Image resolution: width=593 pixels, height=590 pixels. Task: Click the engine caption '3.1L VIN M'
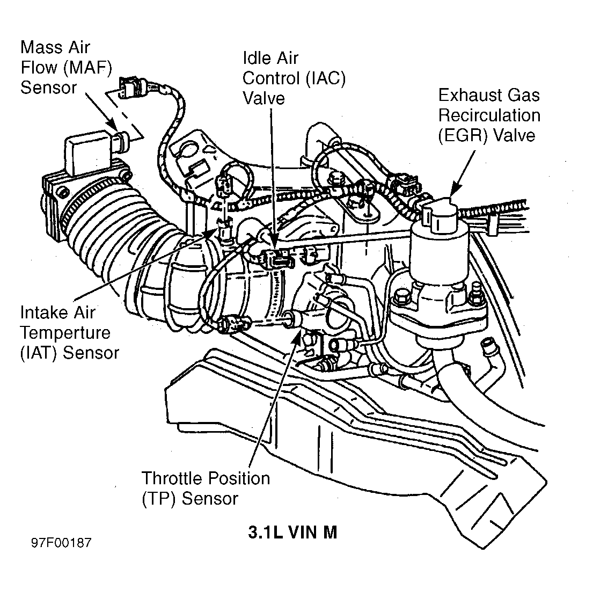point(292,532)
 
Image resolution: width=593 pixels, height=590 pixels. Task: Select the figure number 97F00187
point(61,543)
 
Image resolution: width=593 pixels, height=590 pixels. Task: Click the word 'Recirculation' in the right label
point(489,115)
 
